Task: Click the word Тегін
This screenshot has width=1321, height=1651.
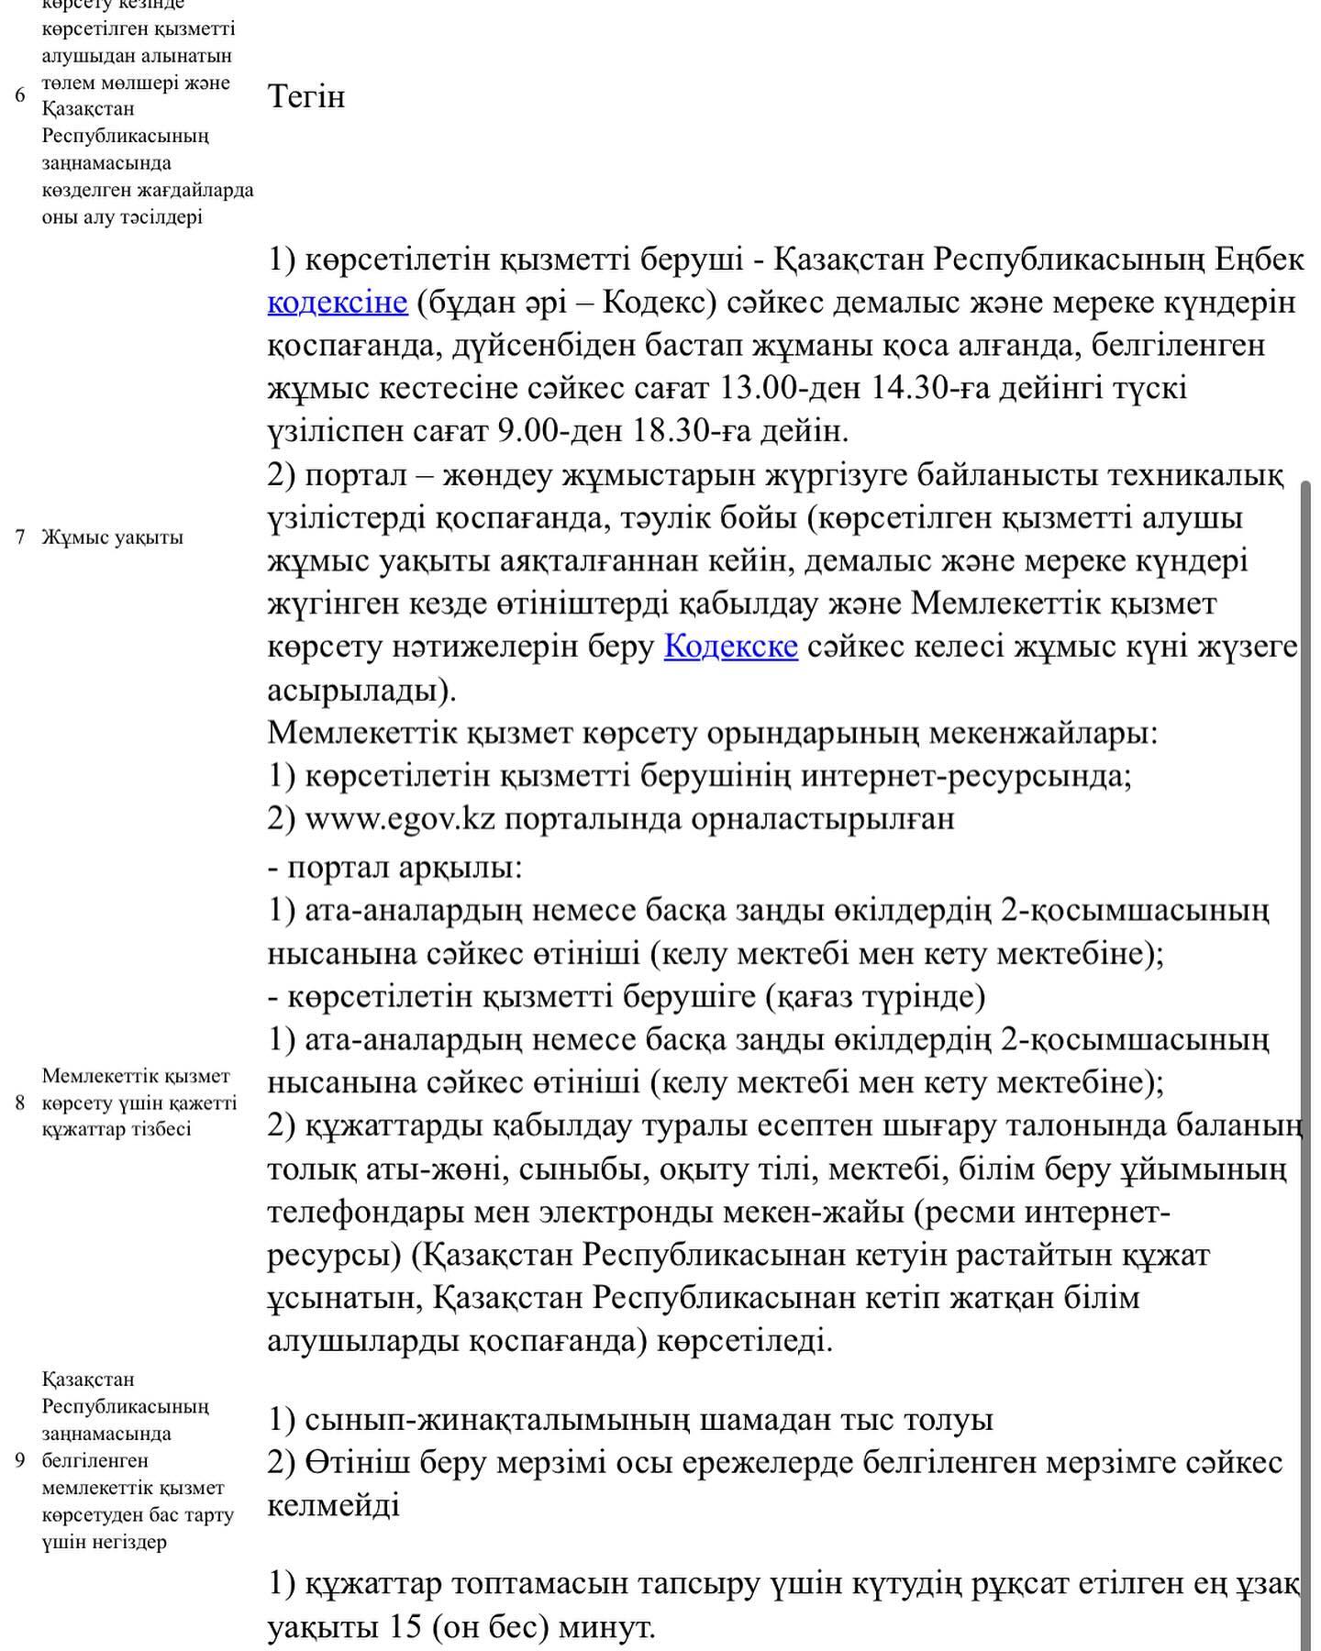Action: (306, 96)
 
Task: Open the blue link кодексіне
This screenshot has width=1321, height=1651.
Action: (338, 302)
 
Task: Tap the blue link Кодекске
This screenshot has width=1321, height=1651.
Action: (730, 647)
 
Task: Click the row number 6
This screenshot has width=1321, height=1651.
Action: (20, 95)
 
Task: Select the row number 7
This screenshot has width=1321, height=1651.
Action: (20, 537)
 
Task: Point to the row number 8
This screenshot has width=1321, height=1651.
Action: (20, 1103)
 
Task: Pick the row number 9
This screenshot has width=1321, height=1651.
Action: (20, 1460)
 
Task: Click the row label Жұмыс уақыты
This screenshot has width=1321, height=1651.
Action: (112, 537)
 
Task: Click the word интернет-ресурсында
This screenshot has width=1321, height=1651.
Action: (966, 776)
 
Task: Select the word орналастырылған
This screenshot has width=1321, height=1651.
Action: (821, 818)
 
